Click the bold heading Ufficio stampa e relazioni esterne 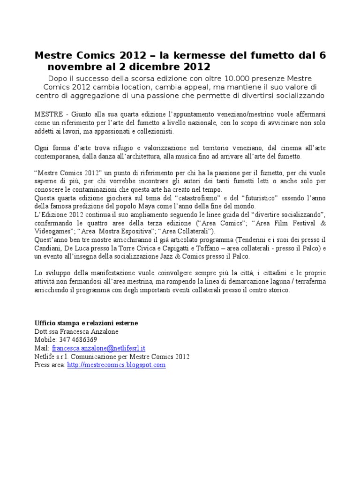[x=86, y=323]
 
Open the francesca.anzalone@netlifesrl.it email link [x=99, y=348]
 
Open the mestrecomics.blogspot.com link [x=116, y=365]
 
